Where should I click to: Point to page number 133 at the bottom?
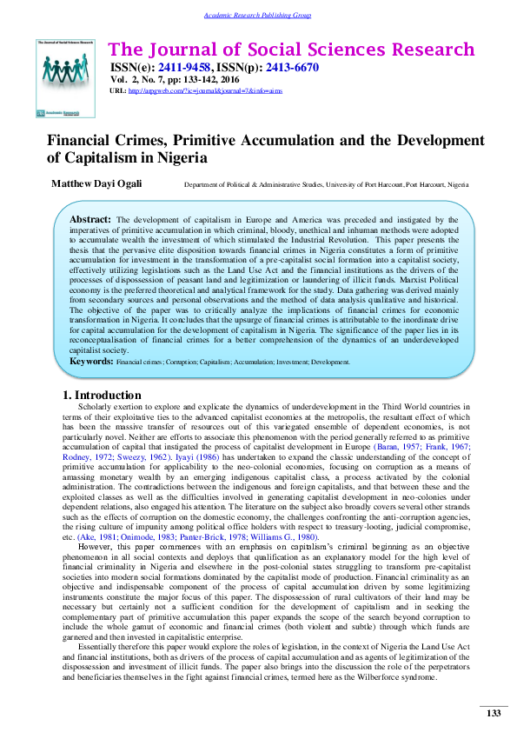click(493, 713)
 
